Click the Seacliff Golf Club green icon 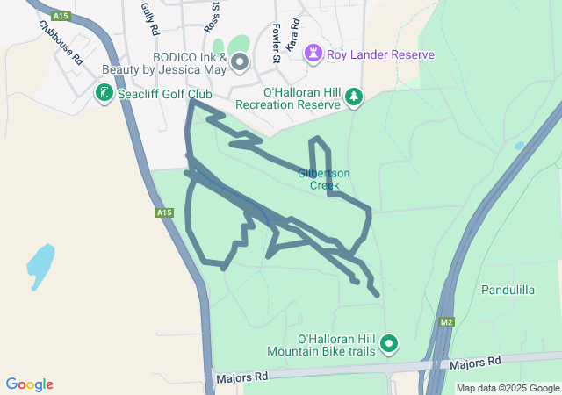coord(103,92)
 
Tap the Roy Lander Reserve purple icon coord(313,54)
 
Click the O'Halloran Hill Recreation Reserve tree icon coord(354,97)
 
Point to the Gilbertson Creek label coord(324,179)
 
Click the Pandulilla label coord(509,289)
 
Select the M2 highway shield coord(447,322)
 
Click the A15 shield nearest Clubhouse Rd coord(61,16)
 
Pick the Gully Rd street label coord(148,18)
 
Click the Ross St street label coord(212,16)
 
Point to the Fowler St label coord(276,42)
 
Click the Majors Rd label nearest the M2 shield coord(474,362)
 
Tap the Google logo coord(29,384)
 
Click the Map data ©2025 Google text coord(508,388)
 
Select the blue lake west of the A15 coord(40,265)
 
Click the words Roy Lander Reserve coord(380,54)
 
